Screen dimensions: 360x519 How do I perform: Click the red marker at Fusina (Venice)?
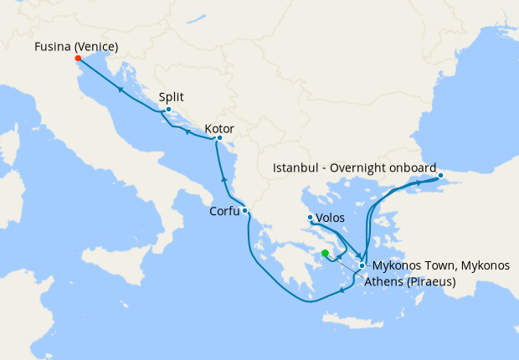[78, 59]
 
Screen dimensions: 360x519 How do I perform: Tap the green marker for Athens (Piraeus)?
[325, 253]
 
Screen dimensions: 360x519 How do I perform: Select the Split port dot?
[168, 110]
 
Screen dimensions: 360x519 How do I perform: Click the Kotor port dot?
[219, 138]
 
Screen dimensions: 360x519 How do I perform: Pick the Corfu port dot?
[244, 211]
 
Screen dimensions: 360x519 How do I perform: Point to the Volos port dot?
[311, 218]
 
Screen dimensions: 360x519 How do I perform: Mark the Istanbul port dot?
[440, 175]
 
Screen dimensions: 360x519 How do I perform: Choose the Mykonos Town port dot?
[362, 265]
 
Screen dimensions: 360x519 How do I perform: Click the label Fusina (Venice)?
[76, 45]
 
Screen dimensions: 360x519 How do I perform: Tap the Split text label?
[172, 96]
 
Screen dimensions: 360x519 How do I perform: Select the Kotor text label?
[218, 129]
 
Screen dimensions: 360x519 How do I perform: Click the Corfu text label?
[224, 212]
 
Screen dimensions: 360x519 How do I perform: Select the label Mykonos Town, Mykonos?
[439, 265]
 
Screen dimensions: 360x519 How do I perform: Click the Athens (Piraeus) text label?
[409, 282]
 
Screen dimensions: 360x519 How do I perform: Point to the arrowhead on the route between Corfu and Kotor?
[224, 178]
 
